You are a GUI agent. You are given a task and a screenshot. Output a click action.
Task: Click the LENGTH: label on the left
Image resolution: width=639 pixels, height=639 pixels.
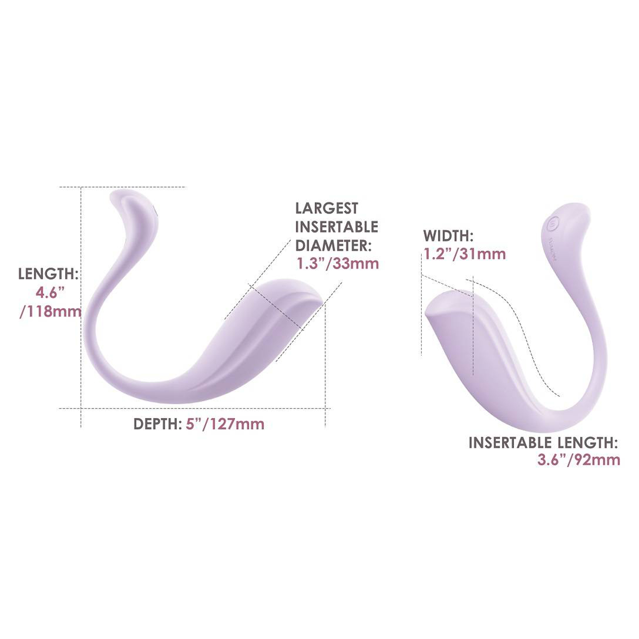48,274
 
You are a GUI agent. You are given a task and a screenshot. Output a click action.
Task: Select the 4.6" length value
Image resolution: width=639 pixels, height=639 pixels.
50,293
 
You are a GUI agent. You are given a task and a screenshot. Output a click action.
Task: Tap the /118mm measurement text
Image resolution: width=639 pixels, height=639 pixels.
50,312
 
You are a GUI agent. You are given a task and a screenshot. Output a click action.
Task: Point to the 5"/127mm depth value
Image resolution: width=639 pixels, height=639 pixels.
225,424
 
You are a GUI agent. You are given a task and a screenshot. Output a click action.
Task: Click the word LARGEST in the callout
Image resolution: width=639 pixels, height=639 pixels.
327,208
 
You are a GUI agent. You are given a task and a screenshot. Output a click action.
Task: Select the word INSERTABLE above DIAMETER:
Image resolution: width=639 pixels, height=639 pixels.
337,227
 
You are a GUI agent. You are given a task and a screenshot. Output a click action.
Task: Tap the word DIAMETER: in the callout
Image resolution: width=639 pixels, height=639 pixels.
333,246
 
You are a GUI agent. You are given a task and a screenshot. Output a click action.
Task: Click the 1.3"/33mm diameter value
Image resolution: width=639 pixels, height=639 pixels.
338,264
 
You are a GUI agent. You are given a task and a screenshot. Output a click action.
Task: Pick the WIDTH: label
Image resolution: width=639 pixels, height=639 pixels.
448,236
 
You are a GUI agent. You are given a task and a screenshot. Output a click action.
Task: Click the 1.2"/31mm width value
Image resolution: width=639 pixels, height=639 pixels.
465,254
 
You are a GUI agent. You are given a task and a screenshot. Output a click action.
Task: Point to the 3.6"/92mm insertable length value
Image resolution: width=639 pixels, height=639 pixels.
579,460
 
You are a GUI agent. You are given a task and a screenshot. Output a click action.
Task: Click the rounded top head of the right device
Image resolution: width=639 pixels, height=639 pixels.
567,224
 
